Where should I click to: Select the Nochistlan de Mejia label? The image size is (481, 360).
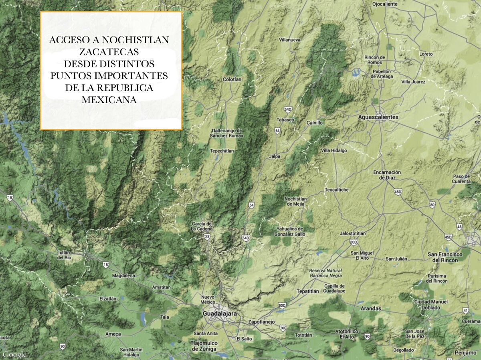pos(295,201)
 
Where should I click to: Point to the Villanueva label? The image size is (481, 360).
pos(290,40)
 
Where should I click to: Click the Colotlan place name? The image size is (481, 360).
pos(232,79)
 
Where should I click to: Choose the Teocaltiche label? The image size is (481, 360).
pos(336,190)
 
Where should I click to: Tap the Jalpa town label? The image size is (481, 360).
pos(275,156)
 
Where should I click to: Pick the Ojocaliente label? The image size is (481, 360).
pos(384,4)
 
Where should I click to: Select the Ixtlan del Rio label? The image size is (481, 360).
pos(64,255)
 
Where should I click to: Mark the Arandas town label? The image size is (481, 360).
pos(371,309)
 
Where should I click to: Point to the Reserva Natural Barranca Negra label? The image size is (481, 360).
pos(325,273)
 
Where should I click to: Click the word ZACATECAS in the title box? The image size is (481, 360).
pos(109,52)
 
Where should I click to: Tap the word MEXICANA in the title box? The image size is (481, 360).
pos(109,100)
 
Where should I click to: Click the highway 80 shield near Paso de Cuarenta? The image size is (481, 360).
pos(432,205)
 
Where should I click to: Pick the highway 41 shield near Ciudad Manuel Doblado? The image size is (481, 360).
pos(465,310)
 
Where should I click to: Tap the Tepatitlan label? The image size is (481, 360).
pos(307,291)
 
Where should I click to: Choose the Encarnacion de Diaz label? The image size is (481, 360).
pos(387,175)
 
